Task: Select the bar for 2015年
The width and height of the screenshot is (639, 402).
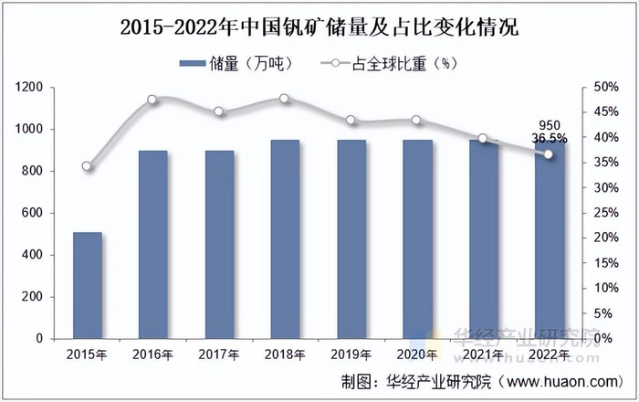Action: click(x=88, y=285)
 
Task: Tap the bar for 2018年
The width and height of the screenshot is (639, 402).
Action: click(x=285, y=238)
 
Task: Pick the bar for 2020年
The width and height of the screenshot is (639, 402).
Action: click(x=416, y=238)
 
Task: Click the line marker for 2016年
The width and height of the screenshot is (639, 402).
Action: click(x=152, y=100)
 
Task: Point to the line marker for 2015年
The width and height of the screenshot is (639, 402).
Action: click(x=87, y=166)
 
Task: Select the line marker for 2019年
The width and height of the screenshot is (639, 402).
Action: click(x=351, y=121)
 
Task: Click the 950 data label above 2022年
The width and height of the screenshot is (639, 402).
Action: click(x=550, y=125)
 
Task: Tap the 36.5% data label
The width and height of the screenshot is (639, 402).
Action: click(x=550, y=139)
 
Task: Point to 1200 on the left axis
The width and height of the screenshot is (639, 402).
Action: click(x=29, y=87)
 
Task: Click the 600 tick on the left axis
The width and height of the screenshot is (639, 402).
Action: click(x=33, y=213)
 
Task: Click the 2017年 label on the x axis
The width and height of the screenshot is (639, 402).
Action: click(x=219, y=354)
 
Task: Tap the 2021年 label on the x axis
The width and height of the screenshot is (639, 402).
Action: click(x=482, y=354)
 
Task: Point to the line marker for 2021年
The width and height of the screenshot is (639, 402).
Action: click(x=483, y=139)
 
